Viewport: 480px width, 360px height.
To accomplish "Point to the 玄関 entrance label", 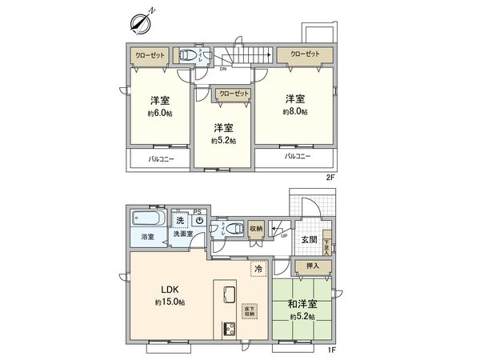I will coord(308,238).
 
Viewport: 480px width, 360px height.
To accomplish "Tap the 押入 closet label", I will coord(304,266).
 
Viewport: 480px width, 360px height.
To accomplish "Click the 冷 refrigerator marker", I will coord(258,270).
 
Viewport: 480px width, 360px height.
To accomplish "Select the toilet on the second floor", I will coord(186,55).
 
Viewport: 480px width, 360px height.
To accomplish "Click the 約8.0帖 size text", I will coord(295,113).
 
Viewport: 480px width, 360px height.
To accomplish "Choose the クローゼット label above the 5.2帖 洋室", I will coord(234,94).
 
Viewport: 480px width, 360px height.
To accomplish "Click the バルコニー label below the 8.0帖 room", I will coord(296,157).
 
